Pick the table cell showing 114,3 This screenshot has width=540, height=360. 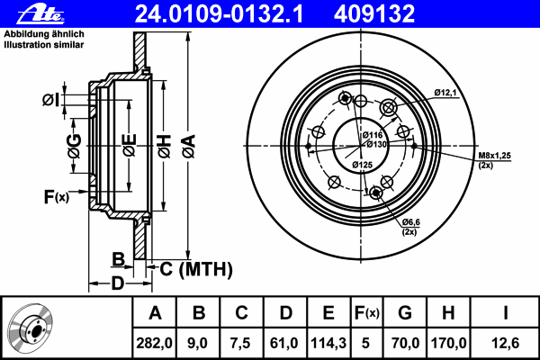328,342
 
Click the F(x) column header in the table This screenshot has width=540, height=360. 366,313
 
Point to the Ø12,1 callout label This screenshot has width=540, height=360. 447,93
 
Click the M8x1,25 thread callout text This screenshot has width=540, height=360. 494,157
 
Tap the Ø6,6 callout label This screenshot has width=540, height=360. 413,222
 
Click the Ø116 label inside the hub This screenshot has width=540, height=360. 373,134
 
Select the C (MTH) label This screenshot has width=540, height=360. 195,268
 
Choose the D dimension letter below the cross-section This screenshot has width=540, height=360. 117,284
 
